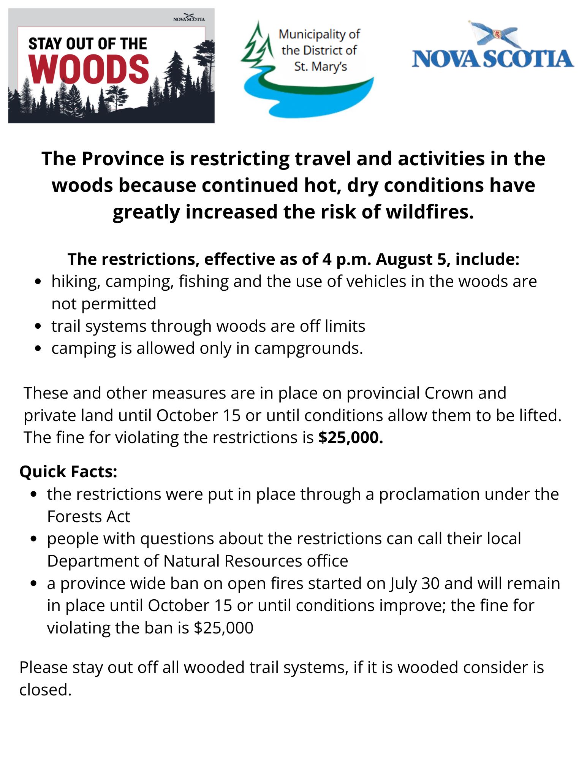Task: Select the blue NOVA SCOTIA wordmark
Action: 493,59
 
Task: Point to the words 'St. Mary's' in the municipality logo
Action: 320,67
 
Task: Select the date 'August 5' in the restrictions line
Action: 411,259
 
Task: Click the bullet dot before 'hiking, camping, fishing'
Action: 37,282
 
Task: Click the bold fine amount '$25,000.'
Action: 351,437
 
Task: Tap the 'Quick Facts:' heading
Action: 68,472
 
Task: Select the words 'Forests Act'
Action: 89,516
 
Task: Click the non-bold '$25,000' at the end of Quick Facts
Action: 223,628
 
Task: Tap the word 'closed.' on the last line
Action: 46,690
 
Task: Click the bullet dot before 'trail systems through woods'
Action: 37,326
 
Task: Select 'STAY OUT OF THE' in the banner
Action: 87,44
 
